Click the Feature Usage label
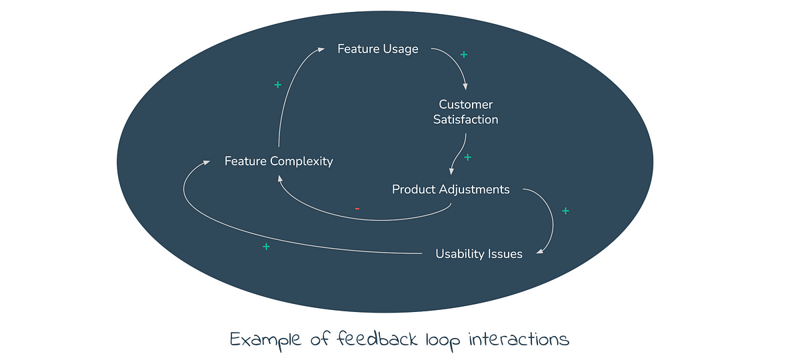pos(377,49)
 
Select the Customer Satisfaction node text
pos(465,112)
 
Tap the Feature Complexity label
pos(278,161)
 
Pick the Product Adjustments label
pos(451,189)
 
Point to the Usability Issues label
pos(479,253)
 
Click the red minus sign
pos(357,209)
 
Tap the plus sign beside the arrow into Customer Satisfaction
pos(464,55)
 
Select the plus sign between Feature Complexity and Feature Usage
pos(278,85)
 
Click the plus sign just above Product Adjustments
pos(467,157)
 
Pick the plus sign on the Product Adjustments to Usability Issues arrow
pos(565,211)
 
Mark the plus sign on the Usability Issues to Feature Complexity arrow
pos(266,247)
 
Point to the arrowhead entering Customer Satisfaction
pos(465,87)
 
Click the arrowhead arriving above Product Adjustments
pos(453,172)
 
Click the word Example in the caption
pos(265,339)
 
